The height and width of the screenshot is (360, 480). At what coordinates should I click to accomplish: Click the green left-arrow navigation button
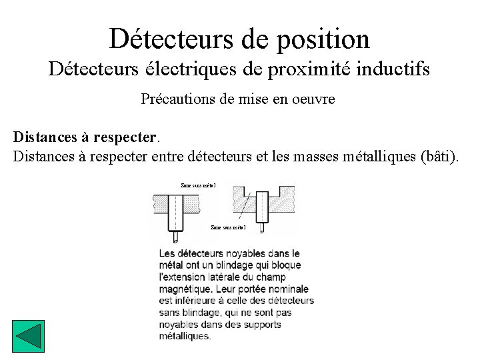[29, 337]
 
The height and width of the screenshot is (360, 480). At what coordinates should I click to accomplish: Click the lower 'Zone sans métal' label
[228, 227]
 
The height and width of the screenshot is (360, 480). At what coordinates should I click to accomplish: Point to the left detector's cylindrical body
[175, 211]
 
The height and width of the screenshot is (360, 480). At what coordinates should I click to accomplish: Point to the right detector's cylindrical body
[261, 207]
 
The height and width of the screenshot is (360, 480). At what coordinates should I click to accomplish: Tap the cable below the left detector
[175, 235]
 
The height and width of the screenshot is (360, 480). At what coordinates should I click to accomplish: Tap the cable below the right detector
[261, 228]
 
